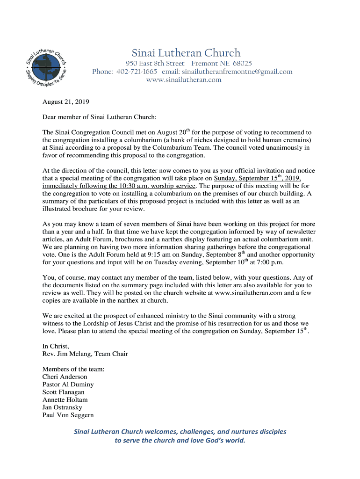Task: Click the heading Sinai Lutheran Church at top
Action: (186, 53)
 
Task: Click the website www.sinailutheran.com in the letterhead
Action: (184, 80)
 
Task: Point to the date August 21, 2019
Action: (66, 102)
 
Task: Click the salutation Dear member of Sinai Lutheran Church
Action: (99, 117)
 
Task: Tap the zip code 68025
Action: (242, 63)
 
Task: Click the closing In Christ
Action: (56, 346)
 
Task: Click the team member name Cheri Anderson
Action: (65, 377)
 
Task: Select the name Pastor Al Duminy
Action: (68, 385)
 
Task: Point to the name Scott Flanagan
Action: (63, 392)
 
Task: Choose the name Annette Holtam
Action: (65, 400)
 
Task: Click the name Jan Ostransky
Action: (62, 407)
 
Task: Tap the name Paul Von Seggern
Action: (68, 415)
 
